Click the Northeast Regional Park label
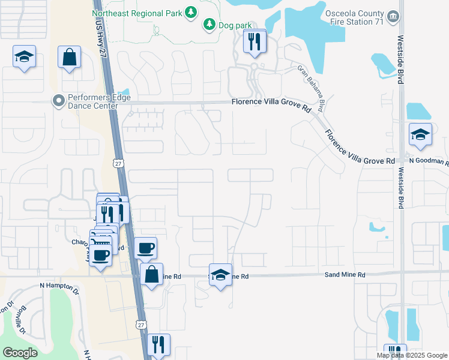(x=137, y=13)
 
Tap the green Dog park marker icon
(x=209, y=24)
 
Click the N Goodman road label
(x=429, y=161)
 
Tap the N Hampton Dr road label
(x=59, y=287)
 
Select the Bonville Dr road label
(x=23, y=319)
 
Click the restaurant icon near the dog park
(x=255, y=41)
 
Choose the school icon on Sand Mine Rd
(x=220, y=275)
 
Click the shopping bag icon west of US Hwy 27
(x=70, y=57)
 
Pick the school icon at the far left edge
(x=24, y=56)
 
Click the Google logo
(x=20, y=353)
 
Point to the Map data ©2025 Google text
(x=411, y=355)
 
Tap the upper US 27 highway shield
(x=116, y=163)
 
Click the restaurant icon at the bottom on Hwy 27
(x=158, y=344)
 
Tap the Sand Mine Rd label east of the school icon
(x=345, y=275)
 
